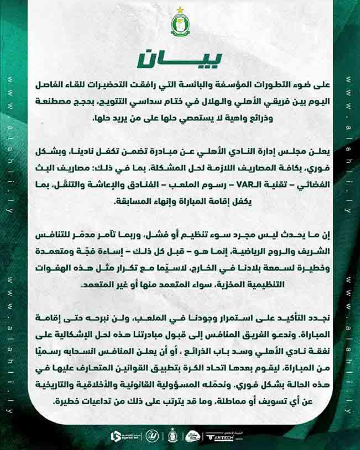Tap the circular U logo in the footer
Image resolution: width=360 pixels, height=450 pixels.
pyautogui.click(x=154, y=436)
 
